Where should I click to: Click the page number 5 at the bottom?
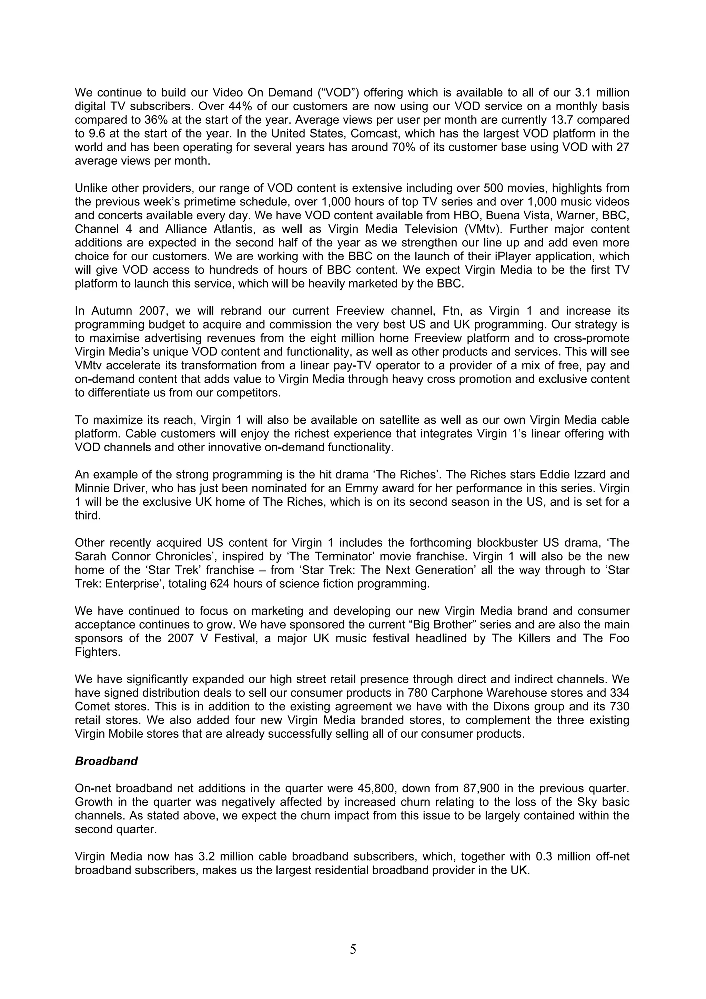tap(353, 949)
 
